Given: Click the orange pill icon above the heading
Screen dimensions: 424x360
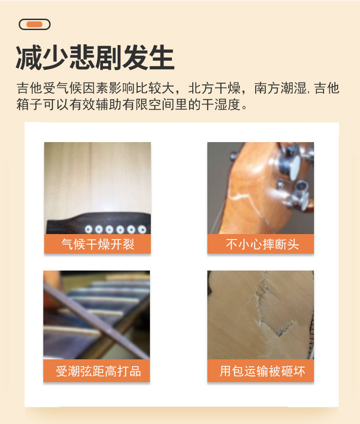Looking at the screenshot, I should (35, 25).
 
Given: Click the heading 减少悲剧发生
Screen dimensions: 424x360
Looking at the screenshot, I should (95, 58).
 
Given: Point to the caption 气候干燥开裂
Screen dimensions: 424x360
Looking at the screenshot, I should (98, 244).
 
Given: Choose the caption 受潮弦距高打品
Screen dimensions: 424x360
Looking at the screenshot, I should (98, 371).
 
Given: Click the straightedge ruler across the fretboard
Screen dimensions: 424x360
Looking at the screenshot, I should (91, 319).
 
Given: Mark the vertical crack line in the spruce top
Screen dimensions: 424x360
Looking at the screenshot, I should (91, 178).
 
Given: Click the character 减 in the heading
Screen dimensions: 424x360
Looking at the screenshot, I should (29, 58).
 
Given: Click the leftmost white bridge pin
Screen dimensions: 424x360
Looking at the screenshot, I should (87, 229).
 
